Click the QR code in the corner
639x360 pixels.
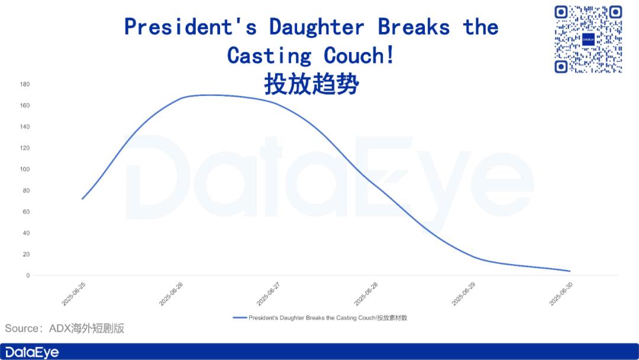coord(588,39)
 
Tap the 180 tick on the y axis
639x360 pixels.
coord(25,85)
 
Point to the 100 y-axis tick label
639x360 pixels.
coord(25,169)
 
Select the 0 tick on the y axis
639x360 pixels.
coord(28,275)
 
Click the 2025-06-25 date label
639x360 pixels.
coord(73,294)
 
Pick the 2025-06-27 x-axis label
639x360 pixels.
coord(268,294)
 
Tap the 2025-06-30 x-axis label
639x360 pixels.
coord(561,294)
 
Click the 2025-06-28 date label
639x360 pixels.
coord(366,294)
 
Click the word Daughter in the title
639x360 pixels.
coord(316,27)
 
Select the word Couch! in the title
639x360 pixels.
coord(359,56)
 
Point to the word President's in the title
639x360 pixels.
coord(191,27)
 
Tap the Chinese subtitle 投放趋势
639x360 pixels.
coord(311,84)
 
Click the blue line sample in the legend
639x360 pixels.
coord(240,317)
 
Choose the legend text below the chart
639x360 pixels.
coord(328,317)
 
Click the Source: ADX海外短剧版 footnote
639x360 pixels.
coord(64,329)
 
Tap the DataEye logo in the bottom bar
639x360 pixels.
coord(32,352)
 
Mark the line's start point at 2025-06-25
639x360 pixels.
coord(82,199)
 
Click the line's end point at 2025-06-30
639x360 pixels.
coord(570,271)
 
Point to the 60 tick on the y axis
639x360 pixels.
coord(26,212)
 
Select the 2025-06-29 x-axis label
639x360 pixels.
coord(463,294)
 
